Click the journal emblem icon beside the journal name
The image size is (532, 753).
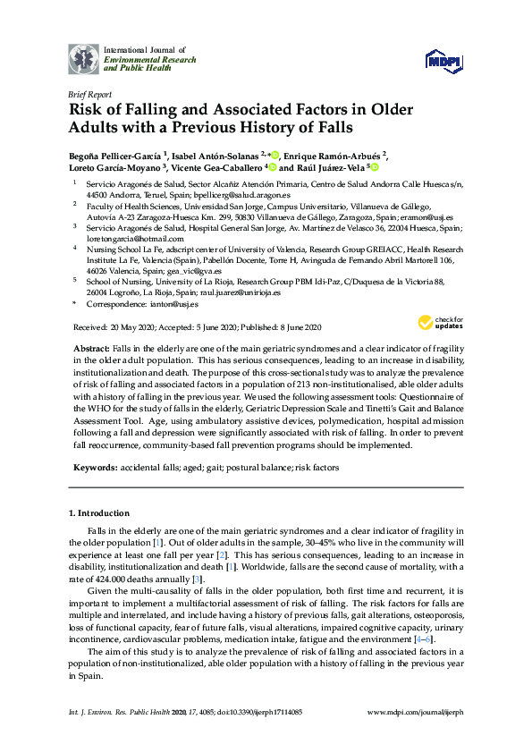[83, 58]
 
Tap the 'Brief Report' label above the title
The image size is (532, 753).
[88, 93]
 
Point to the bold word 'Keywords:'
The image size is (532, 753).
[95, 468]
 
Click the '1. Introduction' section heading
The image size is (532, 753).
[98, 513]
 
